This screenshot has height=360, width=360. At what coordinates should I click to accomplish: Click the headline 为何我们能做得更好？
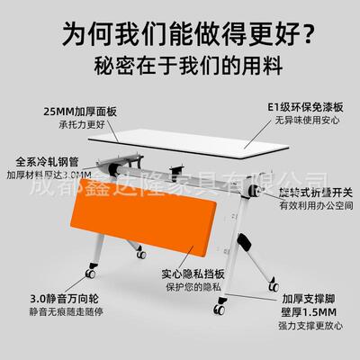179,36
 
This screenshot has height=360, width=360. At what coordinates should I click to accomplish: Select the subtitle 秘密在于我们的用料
179,67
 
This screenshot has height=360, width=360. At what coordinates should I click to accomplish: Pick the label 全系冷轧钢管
45,162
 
